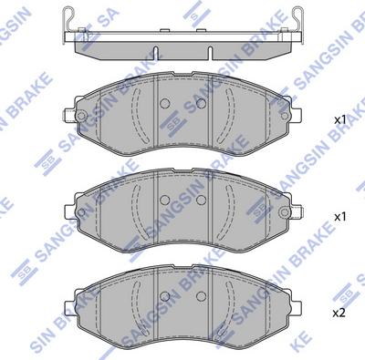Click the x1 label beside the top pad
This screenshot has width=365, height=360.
[339, 120]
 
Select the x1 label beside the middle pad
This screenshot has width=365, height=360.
[339, 218]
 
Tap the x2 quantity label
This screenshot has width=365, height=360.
[339, 313]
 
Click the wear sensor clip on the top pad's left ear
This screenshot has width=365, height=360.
[77, 116]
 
